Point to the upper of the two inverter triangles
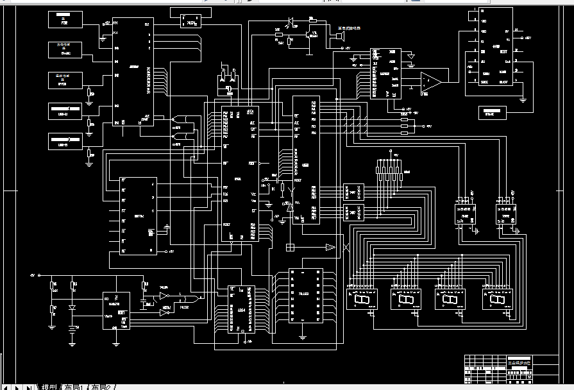click(x=164, y=296)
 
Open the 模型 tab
click(x=49, y=386)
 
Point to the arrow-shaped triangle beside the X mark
click(x=330, y=247)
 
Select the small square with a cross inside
click(x=290, y=247)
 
